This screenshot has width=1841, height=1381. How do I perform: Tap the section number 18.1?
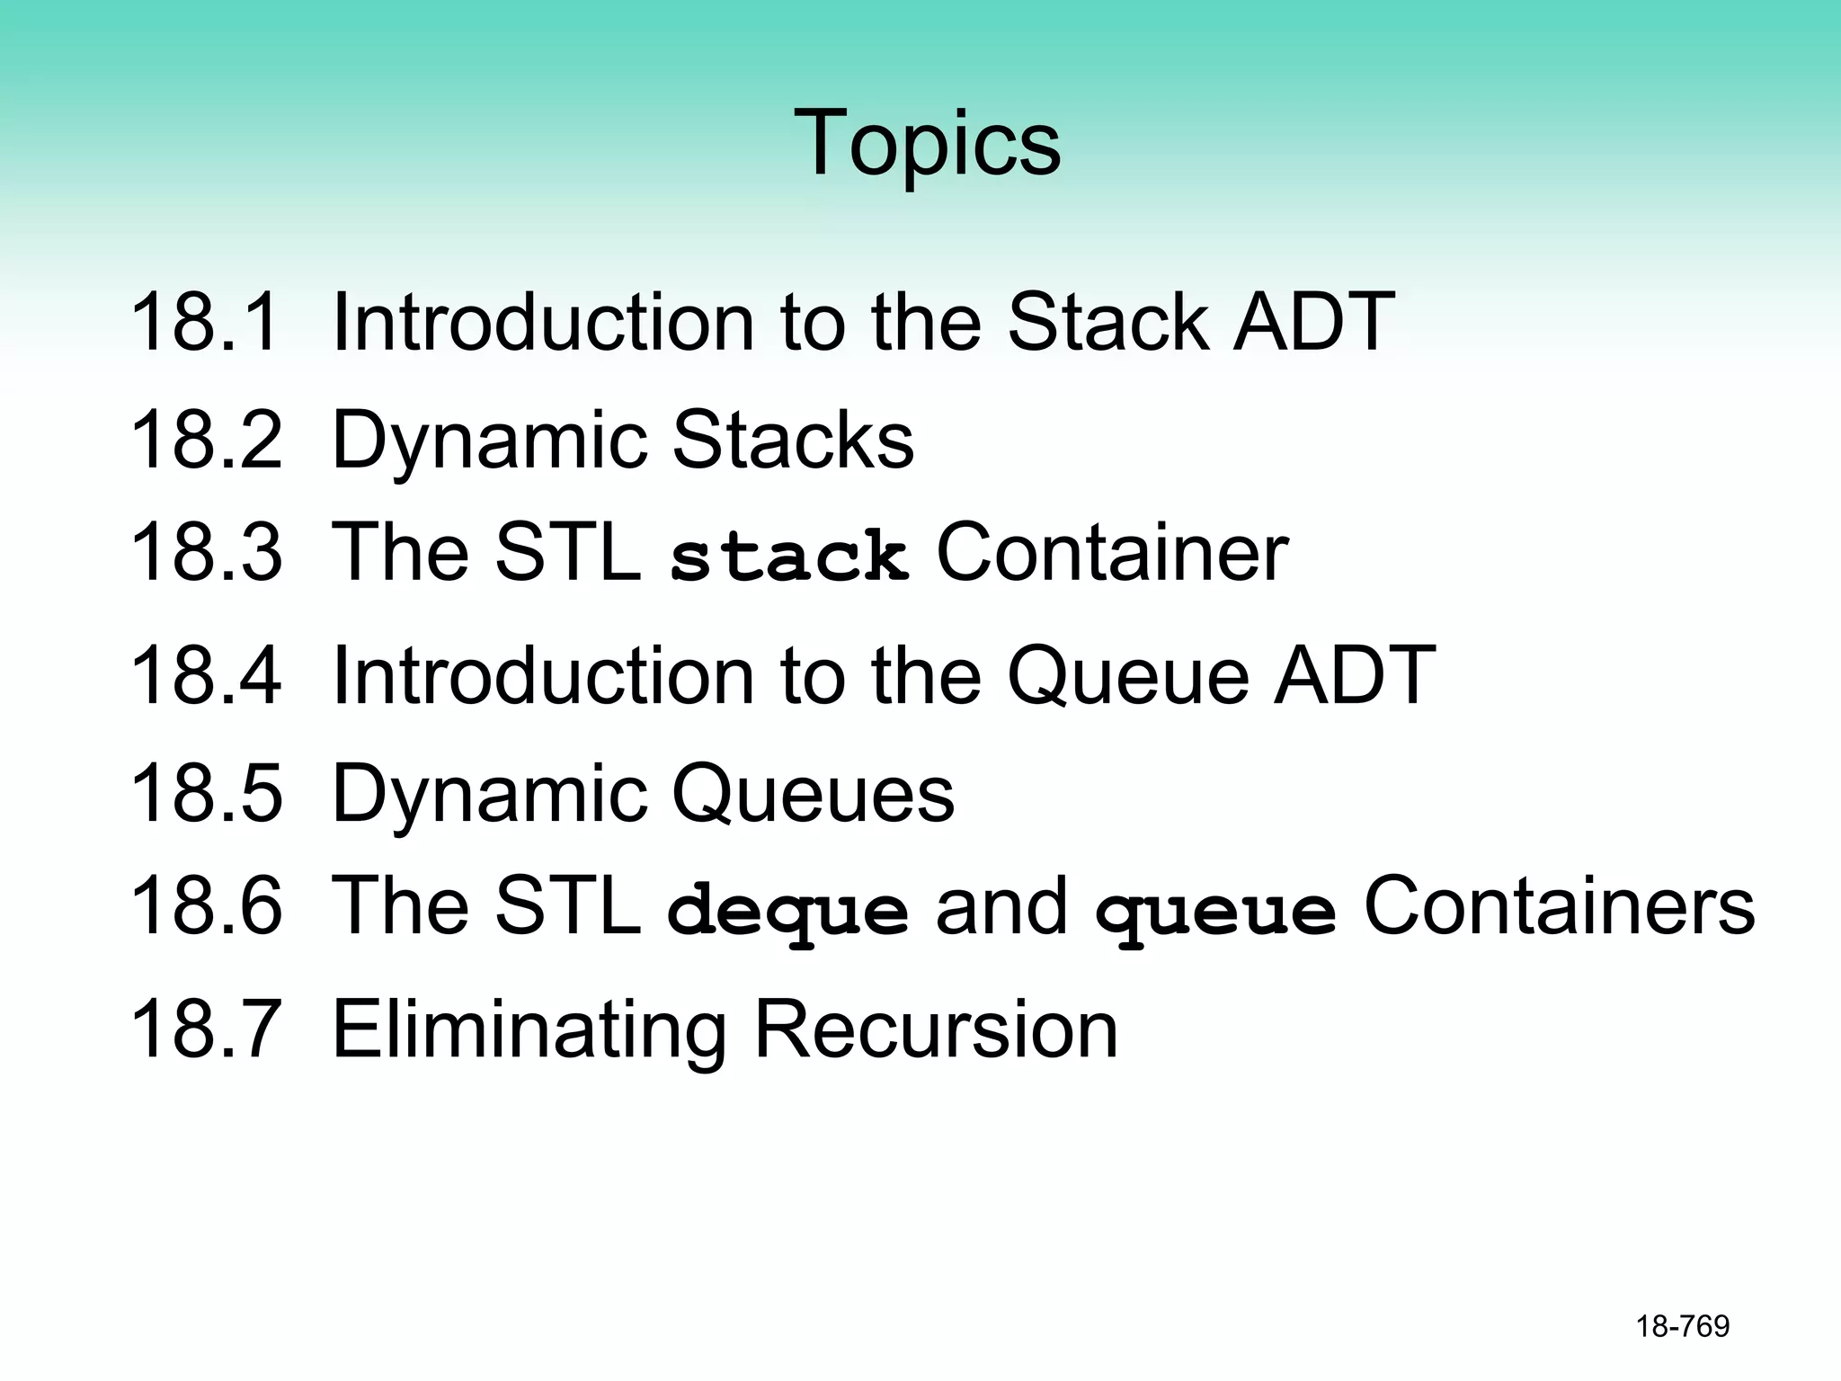click(205, 322)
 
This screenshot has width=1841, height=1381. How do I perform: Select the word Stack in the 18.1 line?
click(1107, 322)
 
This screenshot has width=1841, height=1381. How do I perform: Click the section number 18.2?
click(206, 440)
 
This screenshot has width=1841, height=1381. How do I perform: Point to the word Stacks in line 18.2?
click(793, 440)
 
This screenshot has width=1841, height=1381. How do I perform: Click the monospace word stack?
click(788, 557)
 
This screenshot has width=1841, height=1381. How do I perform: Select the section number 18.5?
click(206, 793)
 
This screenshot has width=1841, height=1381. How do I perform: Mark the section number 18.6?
click(206, 905)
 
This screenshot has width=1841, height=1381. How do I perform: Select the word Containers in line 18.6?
click(1559, 905)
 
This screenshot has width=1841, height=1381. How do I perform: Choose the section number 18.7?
click(206, 1029)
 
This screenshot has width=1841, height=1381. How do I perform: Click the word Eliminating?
click(529, 1030)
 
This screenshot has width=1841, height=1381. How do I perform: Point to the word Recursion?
click(936, 1029)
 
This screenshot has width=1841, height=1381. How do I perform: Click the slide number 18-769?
click(1683, 1326)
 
